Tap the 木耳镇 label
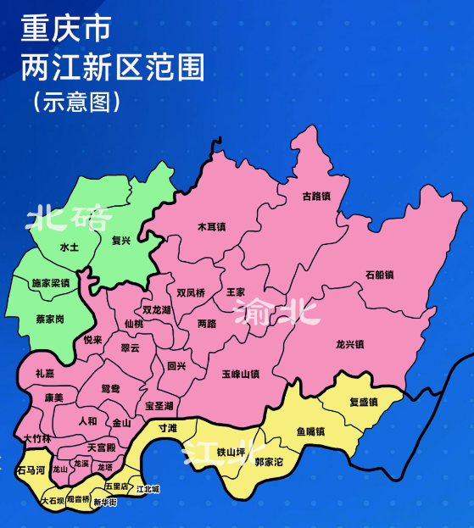click(211, 226)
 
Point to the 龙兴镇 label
click(349, 344)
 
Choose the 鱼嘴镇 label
click(311, 431)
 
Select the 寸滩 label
click(167, 429)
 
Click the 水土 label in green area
click(69, 247)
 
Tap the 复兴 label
click(121, 241)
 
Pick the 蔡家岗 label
click(50, 320)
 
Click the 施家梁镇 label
click(51, 282)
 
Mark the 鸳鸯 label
click(110, 388)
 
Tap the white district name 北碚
click(70, 219)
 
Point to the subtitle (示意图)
click(76, 101)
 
